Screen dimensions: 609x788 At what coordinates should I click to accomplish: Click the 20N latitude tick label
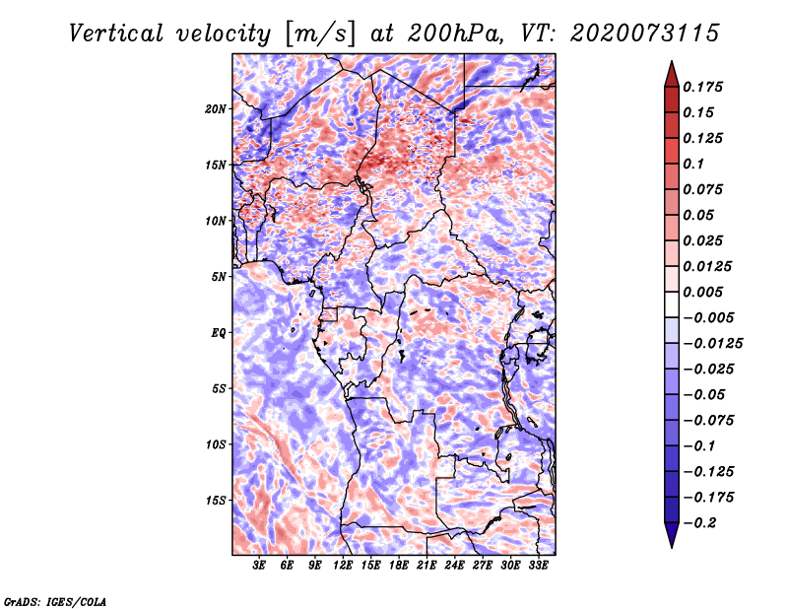[x=216, y=108]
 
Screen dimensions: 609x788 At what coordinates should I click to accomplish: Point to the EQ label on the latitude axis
[x=218, y=333]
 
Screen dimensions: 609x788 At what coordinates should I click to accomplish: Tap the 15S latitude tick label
[x=216, y=501]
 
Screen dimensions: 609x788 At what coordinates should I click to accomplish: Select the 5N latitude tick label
[x=218, y=277]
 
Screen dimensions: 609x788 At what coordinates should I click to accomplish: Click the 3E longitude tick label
[x=259, y=566]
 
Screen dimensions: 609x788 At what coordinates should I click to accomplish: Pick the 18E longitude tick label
[x=398, y=566]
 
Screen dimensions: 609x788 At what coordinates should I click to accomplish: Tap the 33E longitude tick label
[x=538, y=566]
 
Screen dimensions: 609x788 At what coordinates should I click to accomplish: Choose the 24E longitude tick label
[x=454, y=566]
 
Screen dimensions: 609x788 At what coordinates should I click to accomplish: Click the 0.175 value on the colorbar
[x=705, y=87]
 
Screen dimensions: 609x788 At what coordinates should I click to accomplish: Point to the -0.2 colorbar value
[x=702, y=522]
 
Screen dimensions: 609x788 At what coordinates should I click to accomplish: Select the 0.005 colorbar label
[x=705, y=292]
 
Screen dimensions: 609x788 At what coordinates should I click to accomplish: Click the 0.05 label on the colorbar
[x=699, y=215]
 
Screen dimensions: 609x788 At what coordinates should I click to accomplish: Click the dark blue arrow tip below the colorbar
[x=671, y=543]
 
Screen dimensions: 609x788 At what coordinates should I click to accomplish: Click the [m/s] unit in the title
[x=317, y=33]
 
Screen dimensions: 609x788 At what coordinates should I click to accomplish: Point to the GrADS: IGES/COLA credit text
[x=54, y=600]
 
